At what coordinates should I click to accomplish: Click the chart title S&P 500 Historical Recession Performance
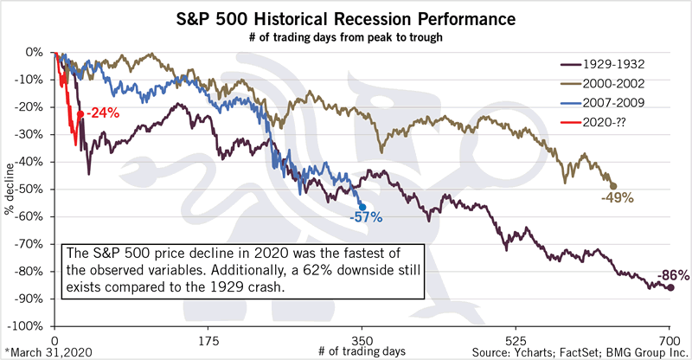point(346,18)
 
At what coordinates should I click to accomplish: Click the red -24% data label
point(102,112)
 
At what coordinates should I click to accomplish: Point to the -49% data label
point(617,198)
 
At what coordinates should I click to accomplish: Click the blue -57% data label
point(367,218)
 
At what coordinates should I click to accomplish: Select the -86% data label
point(672,276)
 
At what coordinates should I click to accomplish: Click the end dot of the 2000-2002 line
point(613,186)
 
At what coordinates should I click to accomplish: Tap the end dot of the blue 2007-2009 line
point(362,206)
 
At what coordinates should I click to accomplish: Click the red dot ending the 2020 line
point(80,113)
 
